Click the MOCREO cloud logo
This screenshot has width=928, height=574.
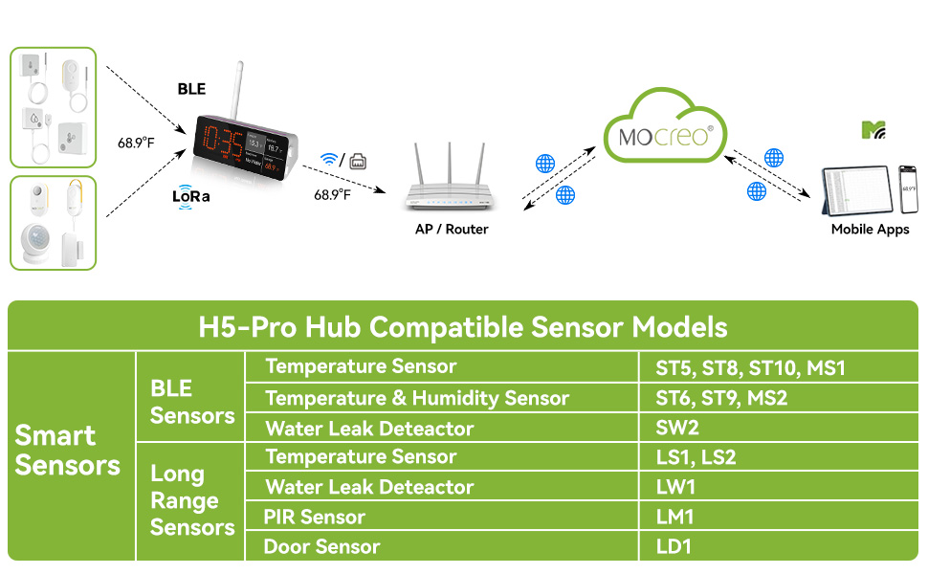pyautogui.click(x=665, y=134)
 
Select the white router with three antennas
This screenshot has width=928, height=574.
pyautogui.click(x=450, y=187)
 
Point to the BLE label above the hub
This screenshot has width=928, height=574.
pyautogui.click(x=191, y=89)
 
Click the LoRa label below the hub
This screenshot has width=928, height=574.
pyautogui.click(x=190, y=196)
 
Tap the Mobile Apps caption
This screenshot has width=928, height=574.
pyautogui.click(x=870, y=230)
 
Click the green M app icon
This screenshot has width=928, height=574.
pyautogui.click(x=873, y=130)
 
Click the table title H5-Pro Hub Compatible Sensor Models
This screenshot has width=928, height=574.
pyautogui.click(x=463, y=328)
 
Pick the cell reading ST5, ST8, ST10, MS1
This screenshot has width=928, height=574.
pyautogui.click(x=750, y=368)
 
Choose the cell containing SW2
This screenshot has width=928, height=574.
pyautogui.click(x=677, y=428)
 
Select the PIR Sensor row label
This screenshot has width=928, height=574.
pyautogui.click(x=315, y=518)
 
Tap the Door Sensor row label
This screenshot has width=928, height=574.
pyautogui.click(x=321, y=547)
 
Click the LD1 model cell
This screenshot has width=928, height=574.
pyautogui.click(x=674, y=547)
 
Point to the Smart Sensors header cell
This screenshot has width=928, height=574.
pyautogui.click(x=68, y=451)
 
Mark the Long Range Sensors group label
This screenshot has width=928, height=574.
pyautogui.click(x=191, y=500)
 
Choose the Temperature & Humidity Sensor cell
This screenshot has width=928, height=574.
pyautogui.click(x=417, y=398)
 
